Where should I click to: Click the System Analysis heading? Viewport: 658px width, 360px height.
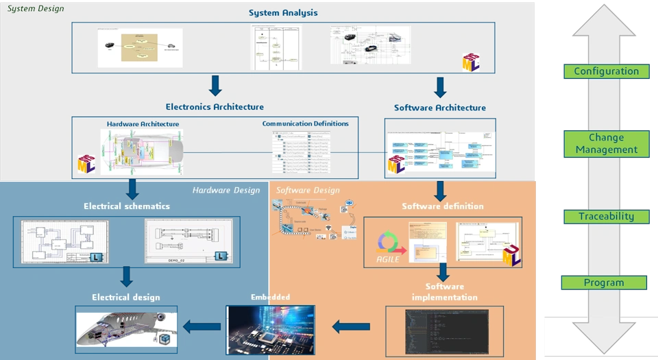[x=283, y=13]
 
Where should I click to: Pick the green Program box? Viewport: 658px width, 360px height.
[x=604, y=283]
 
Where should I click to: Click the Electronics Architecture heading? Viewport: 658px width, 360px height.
[x=215, y=107]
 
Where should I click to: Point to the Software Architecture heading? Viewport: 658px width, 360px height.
[x=440, y=108]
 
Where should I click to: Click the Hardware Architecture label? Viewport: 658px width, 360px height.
[x=143, y=124]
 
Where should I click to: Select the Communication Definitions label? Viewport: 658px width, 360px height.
[x=305, y=123]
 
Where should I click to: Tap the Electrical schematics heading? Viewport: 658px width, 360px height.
[x=127, y=206]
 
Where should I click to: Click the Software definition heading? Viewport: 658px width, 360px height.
[x=442, y=206]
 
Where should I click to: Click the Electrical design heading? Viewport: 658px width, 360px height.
[x=126, y=297]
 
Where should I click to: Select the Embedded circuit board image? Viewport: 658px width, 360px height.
[x=271, y=329]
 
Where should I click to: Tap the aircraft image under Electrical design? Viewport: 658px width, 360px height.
[x=126, y=329]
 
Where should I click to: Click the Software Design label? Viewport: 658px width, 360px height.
[x=308, y=190]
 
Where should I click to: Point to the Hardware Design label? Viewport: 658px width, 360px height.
[x=226, y=190]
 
